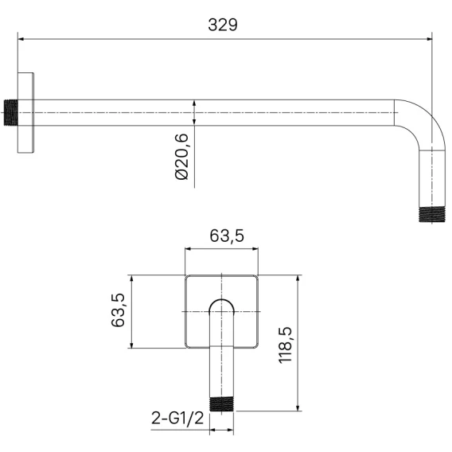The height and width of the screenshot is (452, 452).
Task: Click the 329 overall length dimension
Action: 223,25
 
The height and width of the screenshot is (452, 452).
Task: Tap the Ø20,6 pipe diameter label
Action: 182,157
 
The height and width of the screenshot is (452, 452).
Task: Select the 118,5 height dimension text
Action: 286,345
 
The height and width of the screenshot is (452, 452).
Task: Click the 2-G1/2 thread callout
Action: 177,418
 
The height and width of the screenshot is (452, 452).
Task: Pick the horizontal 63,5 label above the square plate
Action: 227,236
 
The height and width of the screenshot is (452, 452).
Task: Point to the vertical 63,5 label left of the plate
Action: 118,310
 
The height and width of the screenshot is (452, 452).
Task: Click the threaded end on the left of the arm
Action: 11,113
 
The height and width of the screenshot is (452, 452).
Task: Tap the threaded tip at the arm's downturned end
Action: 432,215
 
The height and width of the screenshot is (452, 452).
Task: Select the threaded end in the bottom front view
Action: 221,404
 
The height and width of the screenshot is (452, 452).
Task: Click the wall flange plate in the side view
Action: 25,113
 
